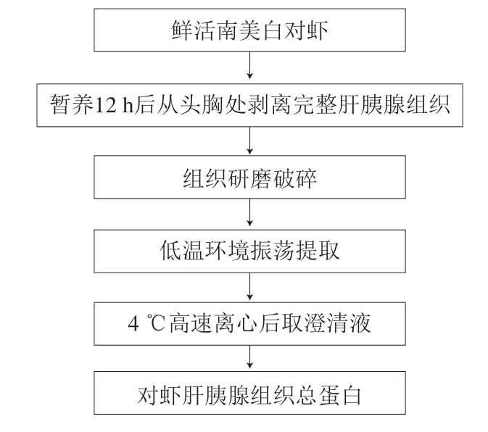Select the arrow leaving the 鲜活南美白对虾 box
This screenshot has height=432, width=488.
[x=249, y=65]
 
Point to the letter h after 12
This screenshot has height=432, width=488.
[x=128, y=104]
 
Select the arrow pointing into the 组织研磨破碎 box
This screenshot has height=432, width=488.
[x=249, y=141]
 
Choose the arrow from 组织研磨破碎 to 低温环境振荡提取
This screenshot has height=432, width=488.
[x=249, y=212]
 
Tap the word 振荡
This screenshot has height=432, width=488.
[x=272, y=250]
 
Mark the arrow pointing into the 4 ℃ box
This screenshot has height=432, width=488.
[x=249, y=287]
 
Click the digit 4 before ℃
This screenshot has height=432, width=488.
[x=133, y=323]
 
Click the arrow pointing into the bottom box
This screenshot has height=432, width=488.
[x=249, y=357]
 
